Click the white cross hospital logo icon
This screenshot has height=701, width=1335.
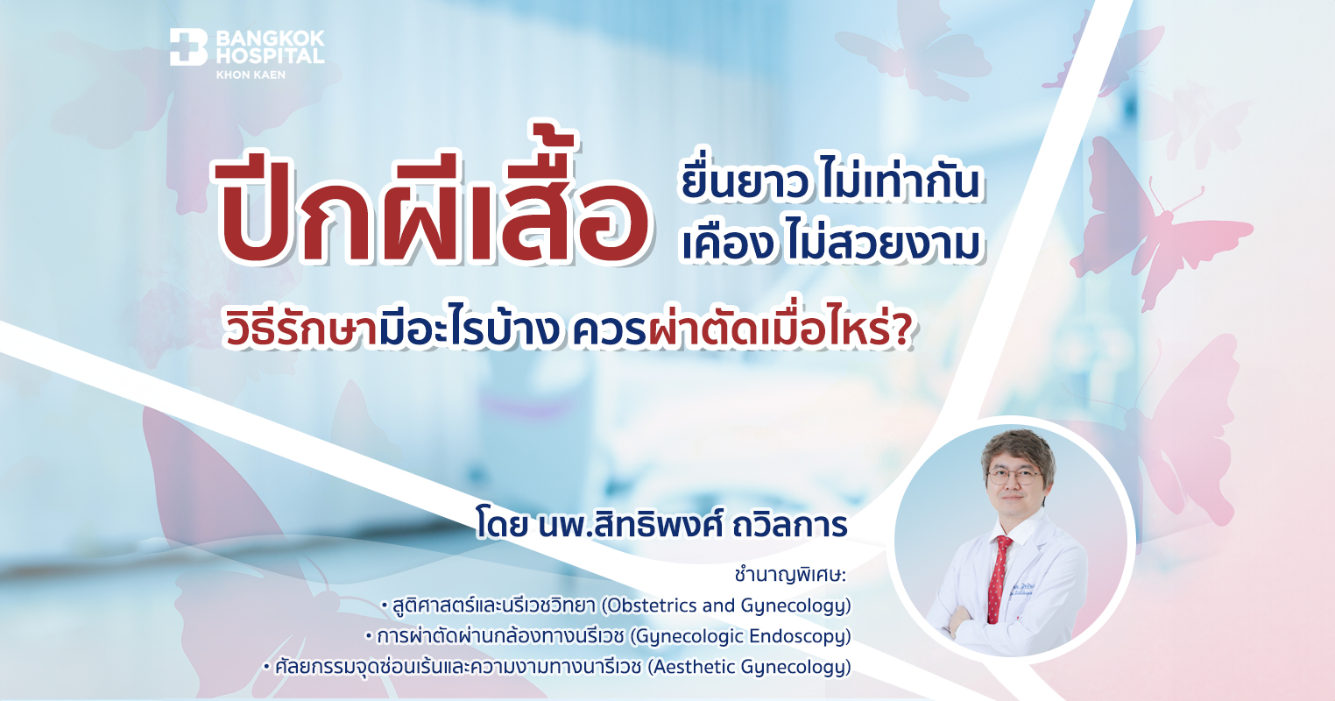pyautogui.click(x=187, y=47)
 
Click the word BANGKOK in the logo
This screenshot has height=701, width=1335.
pyautogui.click(x=270, y=38)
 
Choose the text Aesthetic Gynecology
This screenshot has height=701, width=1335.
pyautogui.click(x=749, y=667)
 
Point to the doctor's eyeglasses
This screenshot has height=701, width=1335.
pyautogui.click(x=1013, y=477)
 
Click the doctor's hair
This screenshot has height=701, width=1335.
pyautogui.click(x=1013, y=446)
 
